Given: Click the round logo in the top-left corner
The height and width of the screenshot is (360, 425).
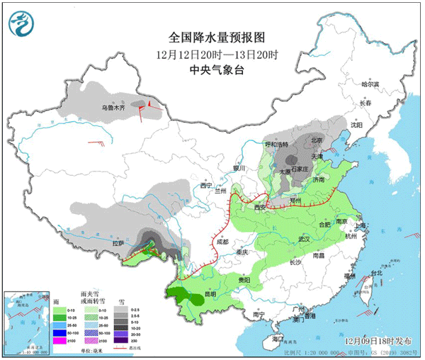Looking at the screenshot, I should tap(21, 23).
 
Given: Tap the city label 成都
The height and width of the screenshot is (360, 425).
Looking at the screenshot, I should tap(223, 242).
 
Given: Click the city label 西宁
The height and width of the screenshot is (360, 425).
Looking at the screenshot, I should tap(206, 185).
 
